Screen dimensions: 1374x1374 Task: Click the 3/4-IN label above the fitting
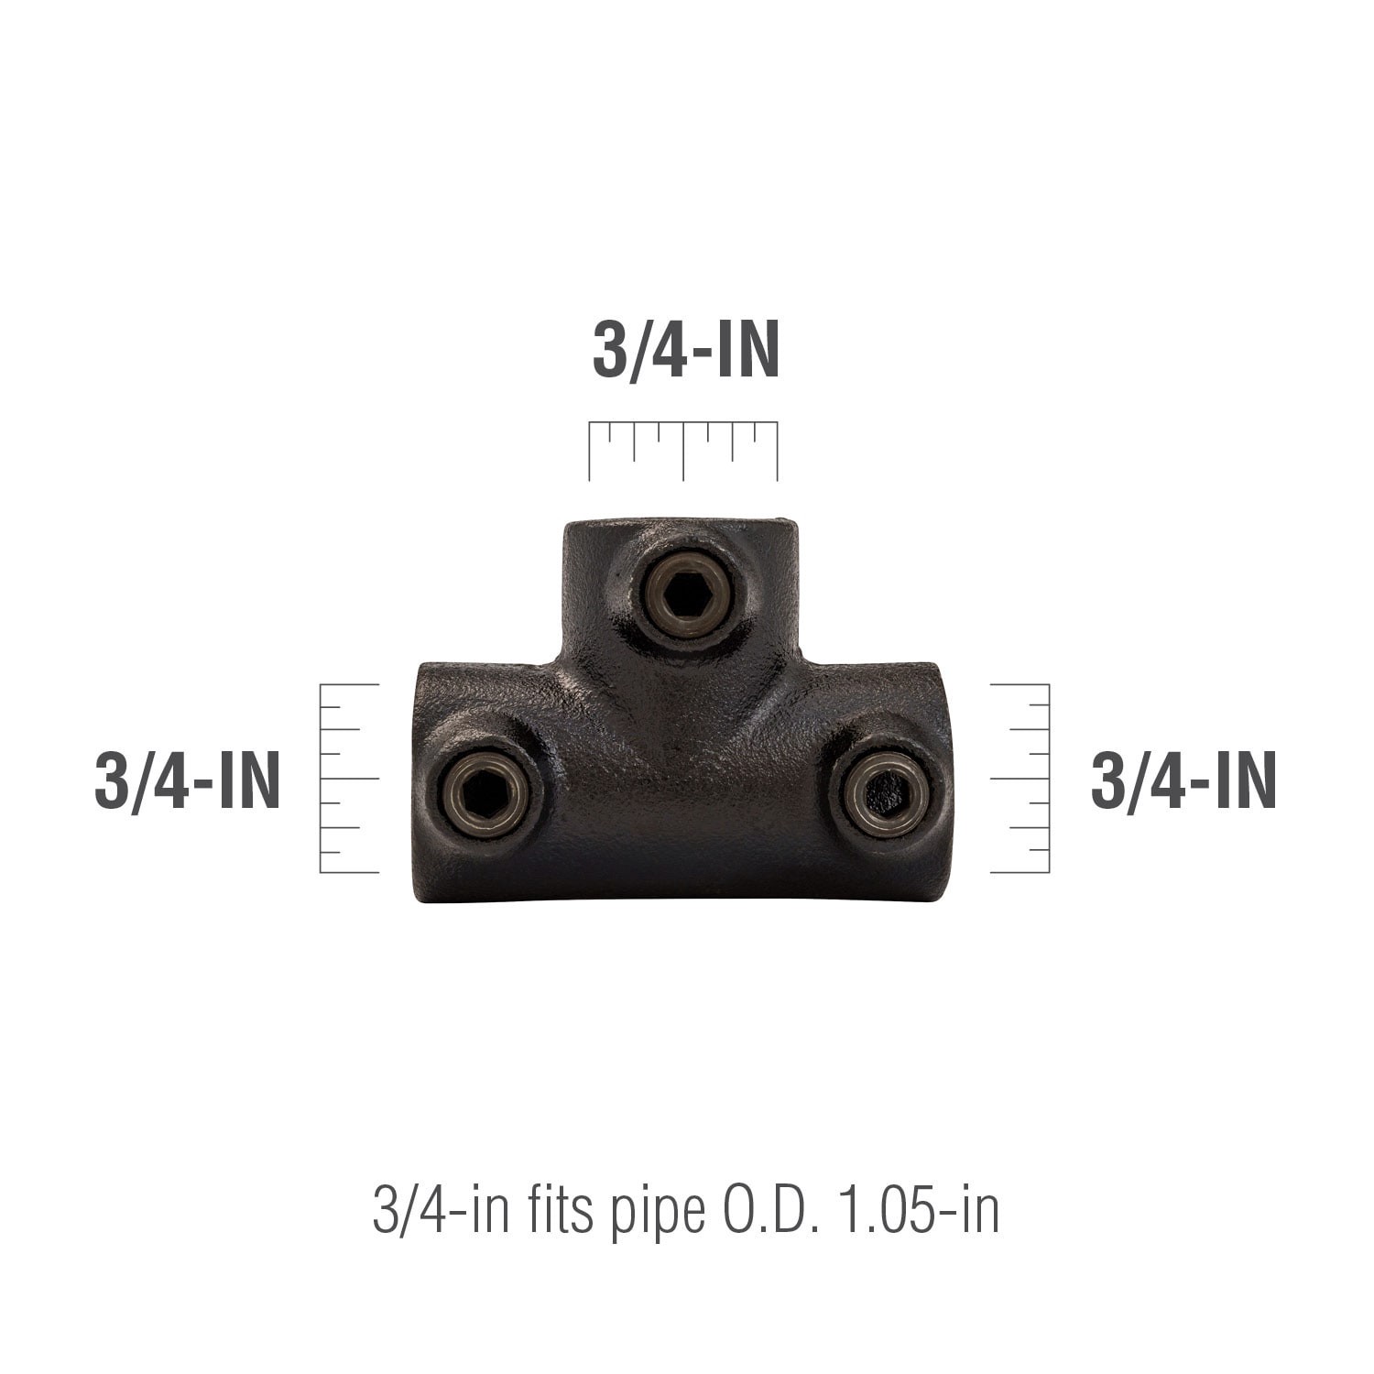click(x=685, y=351)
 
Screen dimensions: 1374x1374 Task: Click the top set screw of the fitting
click(x=686, y=597)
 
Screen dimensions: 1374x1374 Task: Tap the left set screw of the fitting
click(x=483, y=791)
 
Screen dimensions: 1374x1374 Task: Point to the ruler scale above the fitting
click(x=683, y=451)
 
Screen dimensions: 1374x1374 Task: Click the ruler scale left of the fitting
click(x=349, y=778)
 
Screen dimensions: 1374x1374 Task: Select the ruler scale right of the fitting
click(x=1020, y=778)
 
